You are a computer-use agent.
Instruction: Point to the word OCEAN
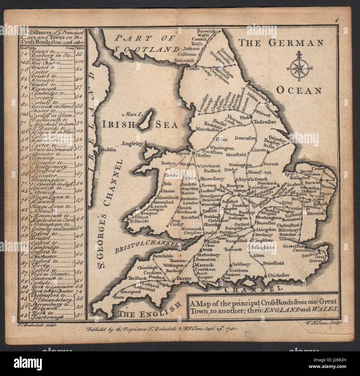[299, 90]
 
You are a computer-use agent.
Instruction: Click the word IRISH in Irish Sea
[117, 125]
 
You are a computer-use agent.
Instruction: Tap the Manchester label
[210, 129]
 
